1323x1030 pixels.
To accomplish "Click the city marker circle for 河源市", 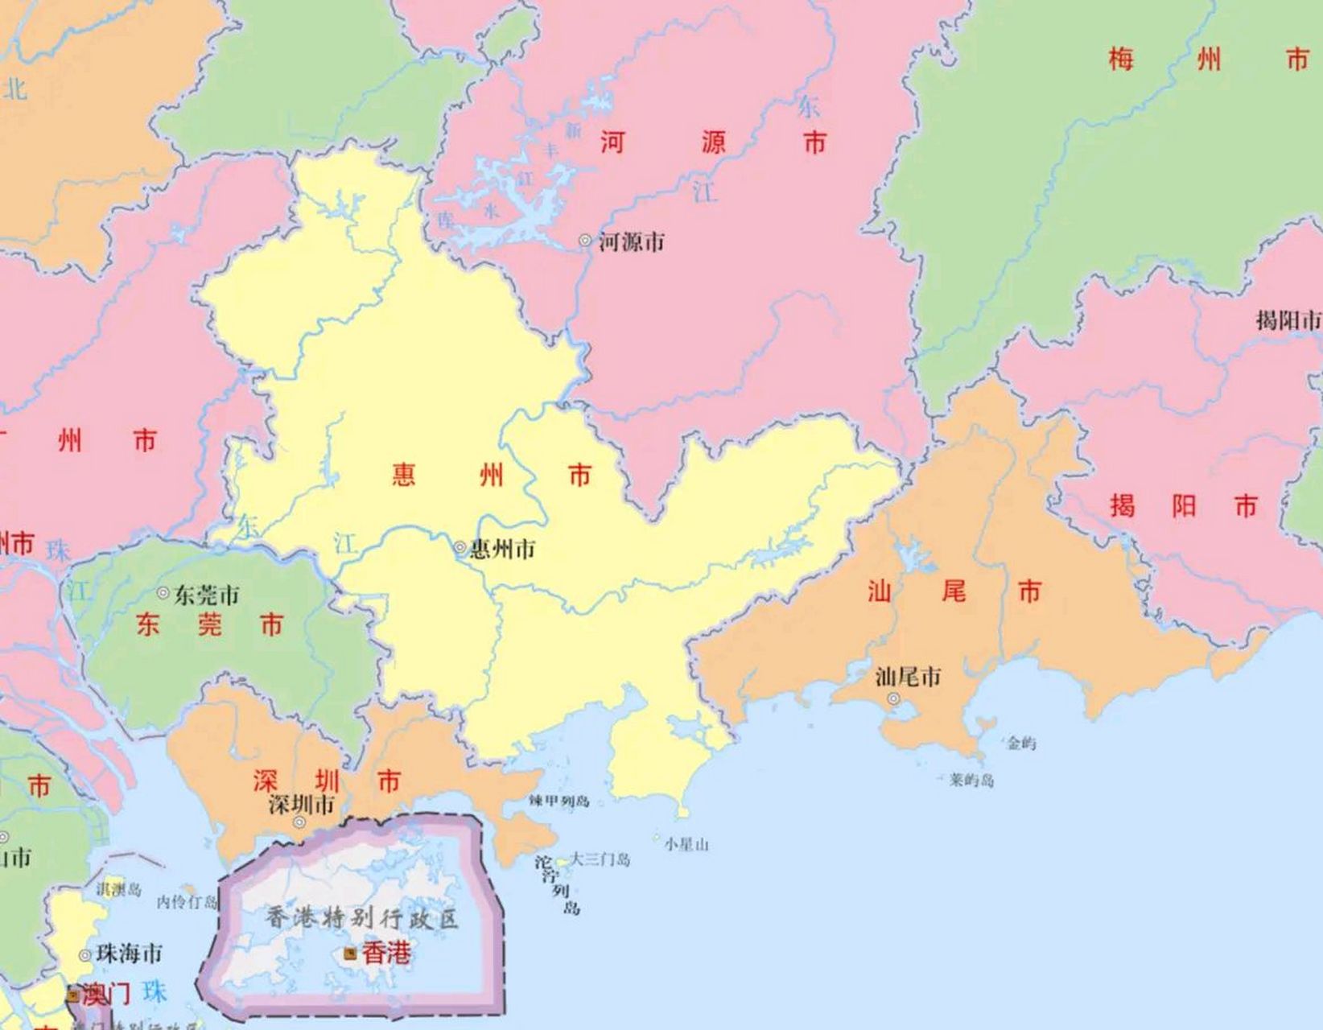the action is click(x=585, y=240).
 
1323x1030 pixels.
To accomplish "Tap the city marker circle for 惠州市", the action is click(x=460, y=548).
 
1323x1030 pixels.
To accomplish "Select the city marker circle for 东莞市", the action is click(x=163, y=593).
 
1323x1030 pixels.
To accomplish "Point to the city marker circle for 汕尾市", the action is click(x=893, y=698).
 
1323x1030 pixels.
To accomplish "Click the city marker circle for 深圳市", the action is click(x=299, y=822).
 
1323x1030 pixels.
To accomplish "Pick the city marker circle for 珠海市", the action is click(x=84, y=955).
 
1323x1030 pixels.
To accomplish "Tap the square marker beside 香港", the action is click(x=350, y=954).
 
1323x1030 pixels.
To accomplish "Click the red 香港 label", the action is click(x=386, y=954).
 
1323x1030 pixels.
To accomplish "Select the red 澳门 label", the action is click(x=105, y=995).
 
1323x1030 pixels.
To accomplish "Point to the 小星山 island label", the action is click(x=686, y=844).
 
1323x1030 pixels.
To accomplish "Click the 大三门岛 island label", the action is click(x=600, y=859).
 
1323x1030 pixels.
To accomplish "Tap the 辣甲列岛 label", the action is click(x=559, y=801).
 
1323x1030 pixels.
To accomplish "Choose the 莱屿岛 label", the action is click(x=971, y=780).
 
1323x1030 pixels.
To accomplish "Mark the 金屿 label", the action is click(x=1021, y=743).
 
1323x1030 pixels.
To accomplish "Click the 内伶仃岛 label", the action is click(x=188, y=902).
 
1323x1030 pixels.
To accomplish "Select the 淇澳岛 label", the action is click(x=119, y=889).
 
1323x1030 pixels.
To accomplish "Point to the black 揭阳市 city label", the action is click(x=1288, y=320).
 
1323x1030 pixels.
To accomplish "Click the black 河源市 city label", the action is click(x=632, y=241).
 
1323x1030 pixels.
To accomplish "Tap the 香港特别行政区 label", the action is click(x=362, y=918).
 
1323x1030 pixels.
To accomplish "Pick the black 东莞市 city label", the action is click(x=207, y=595).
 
